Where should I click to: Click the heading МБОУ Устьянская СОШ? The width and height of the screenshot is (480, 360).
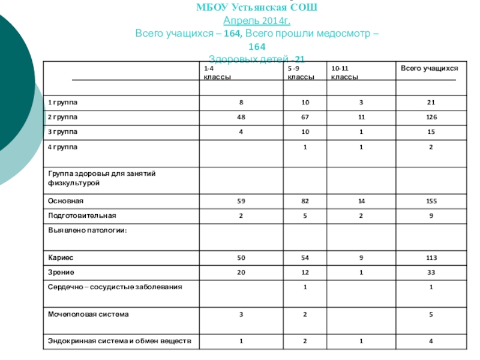click(x=257, y=8)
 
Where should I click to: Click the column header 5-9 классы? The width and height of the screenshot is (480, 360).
click(x=300, y=74)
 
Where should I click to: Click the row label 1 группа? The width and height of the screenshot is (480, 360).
click(x=63, y=103)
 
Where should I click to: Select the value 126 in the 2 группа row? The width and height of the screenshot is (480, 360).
click(x=431, y=117)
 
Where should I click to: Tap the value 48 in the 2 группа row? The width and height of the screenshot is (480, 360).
click(x=241, y=117)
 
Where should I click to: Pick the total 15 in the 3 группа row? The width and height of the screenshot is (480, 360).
click(x=431, y=131)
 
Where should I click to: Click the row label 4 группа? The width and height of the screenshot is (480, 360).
click(x=63, y=146)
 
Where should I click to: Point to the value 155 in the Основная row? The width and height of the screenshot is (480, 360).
click(x=431, y=201)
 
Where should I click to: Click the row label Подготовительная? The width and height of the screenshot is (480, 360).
click(x=82, y=215)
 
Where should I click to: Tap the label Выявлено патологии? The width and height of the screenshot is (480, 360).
click(x=88, y=230)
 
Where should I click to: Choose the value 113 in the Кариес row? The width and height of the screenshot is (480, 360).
click(x=431, y=257)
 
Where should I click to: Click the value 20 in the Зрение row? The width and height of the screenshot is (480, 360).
click(x=241, y=272)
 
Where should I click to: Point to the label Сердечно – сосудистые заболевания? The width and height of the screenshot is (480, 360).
click(x=115, y=287)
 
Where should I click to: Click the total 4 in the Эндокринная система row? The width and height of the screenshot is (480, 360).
click(x=431, y=342)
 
